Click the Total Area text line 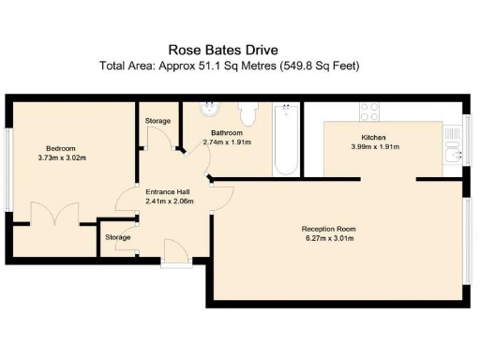[230, 66]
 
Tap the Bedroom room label [61, 148]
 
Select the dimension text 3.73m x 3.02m [61, 158]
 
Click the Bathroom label [227, 132]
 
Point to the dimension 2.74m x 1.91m [227, 142]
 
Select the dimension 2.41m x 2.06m [170, 201]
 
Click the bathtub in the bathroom [286, 141]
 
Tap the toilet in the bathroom [248, 113]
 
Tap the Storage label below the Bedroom [117, 237]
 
